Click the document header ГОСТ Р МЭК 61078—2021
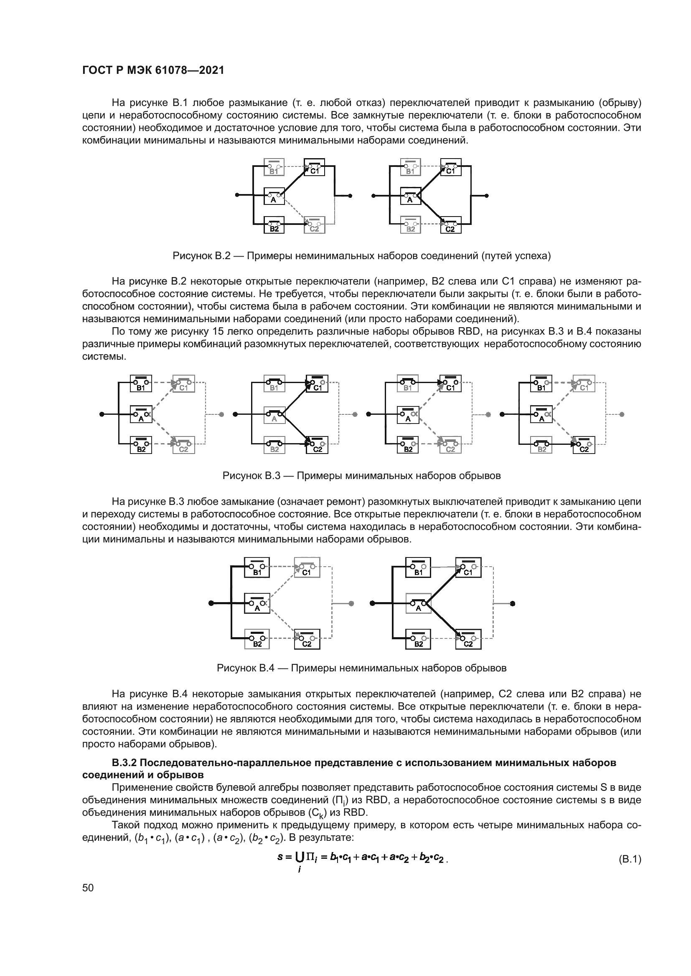[153, 71]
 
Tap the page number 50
[88, 888]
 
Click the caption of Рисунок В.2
[361, 256]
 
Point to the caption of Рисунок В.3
[361, 476]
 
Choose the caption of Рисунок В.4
[361, 668]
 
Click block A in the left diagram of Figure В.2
[274, 196]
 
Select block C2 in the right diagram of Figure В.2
[451, 225]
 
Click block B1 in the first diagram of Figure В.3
[141, 383]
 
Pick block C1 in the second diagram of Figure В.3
[318, 383]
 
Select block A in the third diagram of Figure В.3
[408, 414]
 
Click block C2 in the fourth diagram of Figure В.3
[584, 445]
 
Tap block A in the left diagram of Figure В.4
[257, 603]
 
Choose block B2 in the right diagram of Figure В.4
[419, 639]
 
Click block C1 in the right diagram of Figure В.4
[468, 568]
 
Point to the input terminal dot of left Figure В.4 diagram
[211, 603]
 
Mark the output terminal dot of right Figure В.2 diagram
[487, 196]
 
